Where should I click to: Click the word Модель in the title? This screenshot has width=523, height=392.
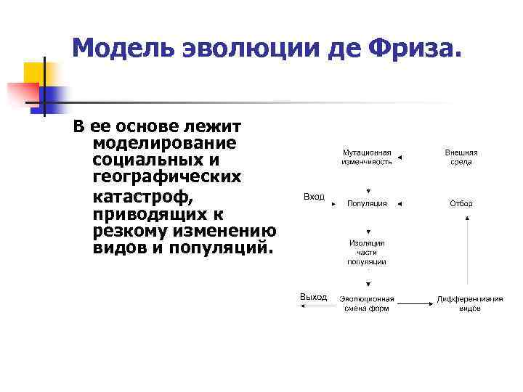coord(117,49)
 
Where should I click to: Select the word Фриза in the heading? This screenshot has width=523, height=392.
coord(412,49)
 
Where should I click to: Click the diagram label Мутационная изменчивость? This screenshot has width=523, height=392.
coord(367,158)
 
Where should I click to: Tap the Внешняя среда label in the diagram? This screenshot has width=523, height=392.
coord(461,158)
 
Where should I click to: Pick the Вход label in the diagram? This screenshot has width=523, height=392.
coord(314,197)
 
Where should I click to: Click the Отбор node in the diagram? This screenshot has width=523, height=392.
coord(461,203)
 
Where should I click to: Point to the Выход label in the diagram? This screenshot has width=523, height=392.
coord(314,297)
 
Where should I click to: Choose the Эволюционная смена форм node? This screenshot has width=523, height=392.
coord(367,303)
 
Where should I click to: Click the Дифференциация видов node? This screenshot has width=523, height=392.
coord(469,303)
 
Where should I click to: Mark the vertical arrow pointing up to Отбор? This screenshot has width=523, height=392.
coord(466,250)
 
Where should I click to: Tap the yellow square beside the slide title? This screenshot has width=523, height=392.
coord(34,73)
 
